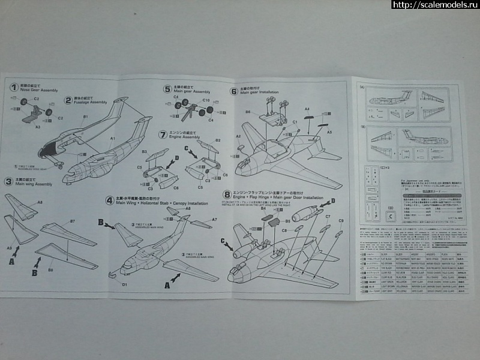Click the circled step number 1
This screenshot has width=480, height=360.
point(12,87)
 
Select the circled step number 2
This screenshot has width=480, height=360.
point(68,100)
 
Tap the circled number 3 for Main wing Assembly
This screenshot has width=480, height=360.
point(8,181)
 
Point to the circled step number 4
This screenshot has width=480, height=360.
point(109,200)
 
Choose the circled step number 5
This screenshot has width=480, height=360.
point(167,88)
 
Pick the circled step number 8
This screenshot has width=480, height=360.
point(226,194)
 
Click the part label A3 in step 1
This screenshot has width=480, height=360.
point(38,127)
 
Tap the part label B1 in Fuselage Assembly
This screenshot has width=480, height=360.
point(86,116)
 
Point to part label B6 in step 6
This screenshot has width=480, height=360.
point(247,112)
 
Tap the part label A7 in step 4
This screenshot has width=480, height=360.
point(213,220)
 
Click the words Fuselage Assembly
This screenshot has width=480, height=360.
point(90,103)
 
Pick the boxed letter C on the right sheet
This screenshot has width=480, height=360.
point(392,217)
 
